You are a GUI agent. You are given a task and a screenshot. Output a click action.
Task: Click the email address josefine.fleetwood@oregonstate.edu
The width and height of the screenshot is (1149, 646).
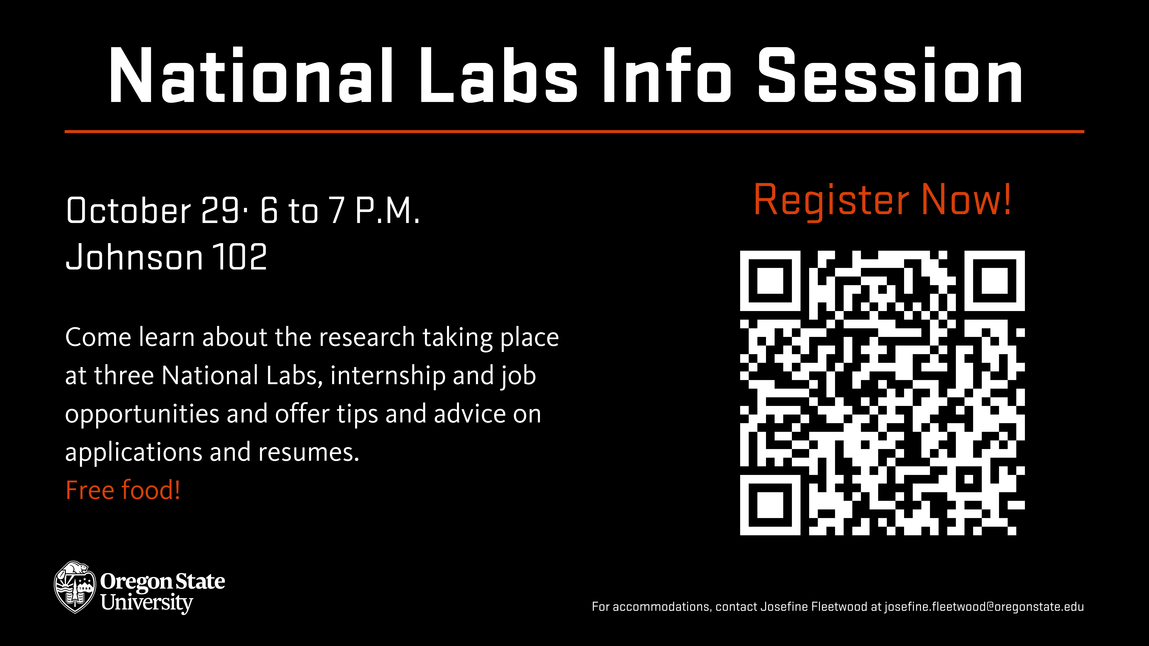pyautogui.click(x=984, y=607)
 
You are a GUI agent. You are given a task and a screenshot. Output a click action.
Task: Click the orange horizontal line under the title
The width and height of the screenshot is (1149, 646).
pyautogui.click(x=574, y=131)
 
